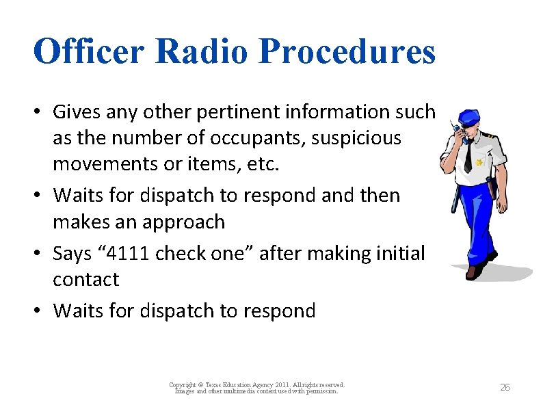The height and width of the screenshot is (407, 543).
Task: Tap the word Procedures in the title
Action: (x=350, y=51)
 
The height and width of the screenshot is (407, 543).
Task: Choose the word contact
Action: (x=86, y=280)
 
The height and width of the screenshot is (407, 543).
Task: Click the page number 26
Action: (x=505, y=387)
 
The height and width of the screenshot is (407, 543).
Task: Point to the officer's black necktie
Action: (x=468, y=158)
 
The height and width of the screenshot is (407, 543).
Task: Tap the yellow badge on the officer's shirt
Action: (x=481, y=163)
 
